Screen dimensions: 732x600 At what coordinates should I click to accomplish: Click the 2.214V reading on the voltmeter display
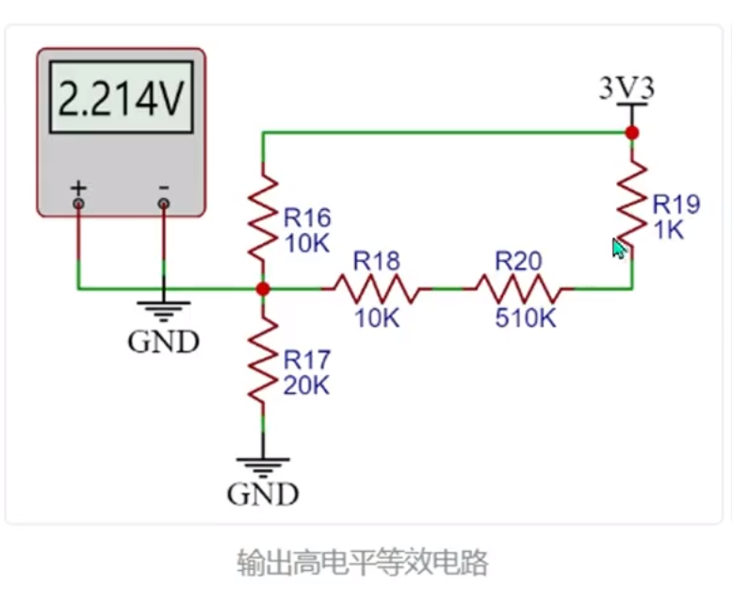(122, 98)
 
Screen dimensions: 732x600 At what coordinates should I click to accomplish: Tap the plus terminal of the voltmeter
(78, 203)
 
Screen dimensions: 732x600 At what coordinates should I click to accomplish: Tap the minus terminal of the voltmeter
(163, 203)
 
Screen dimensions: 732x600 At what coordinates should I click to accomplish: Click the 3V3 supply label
(627, 88)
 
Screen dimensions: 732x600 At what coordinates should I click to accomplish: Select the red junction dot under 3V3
(632, 133)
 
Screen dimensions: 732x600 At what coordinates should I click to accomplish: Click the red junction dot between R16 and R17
(263, 289)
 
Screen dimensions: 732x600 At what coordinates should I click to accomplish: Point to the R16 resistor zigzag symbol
(263, 219)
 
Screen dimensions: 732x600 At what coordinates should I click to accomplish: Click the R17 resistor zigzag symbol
(263, 360)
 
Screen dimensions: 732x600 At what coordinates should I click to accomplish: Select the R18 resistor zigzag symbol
(376, 289)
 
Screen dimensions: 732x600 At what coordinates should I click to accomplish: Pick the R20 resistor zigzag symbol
(518, 289)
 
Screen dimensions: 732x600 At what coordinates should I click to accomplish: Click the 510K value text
(525, 318)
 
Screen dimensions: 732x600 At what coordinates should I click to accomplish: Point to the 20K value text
(306, 385)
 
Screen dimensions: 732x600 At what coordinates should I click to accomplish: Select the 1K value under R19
(669, 230)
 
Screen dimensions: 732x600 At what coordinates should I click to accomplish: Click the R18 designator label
(376, 261)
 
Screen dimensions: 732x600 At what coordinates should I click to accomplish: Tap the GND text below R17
(263, 494)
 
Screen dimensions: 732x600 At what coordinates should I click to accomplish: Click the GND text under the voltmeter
(163, 342)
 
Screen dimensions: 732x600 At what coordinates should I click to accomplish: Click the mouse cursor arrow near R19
(620, 249)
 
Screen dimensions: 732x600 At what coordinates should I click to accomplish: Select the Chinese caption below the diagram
(363, 562)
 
